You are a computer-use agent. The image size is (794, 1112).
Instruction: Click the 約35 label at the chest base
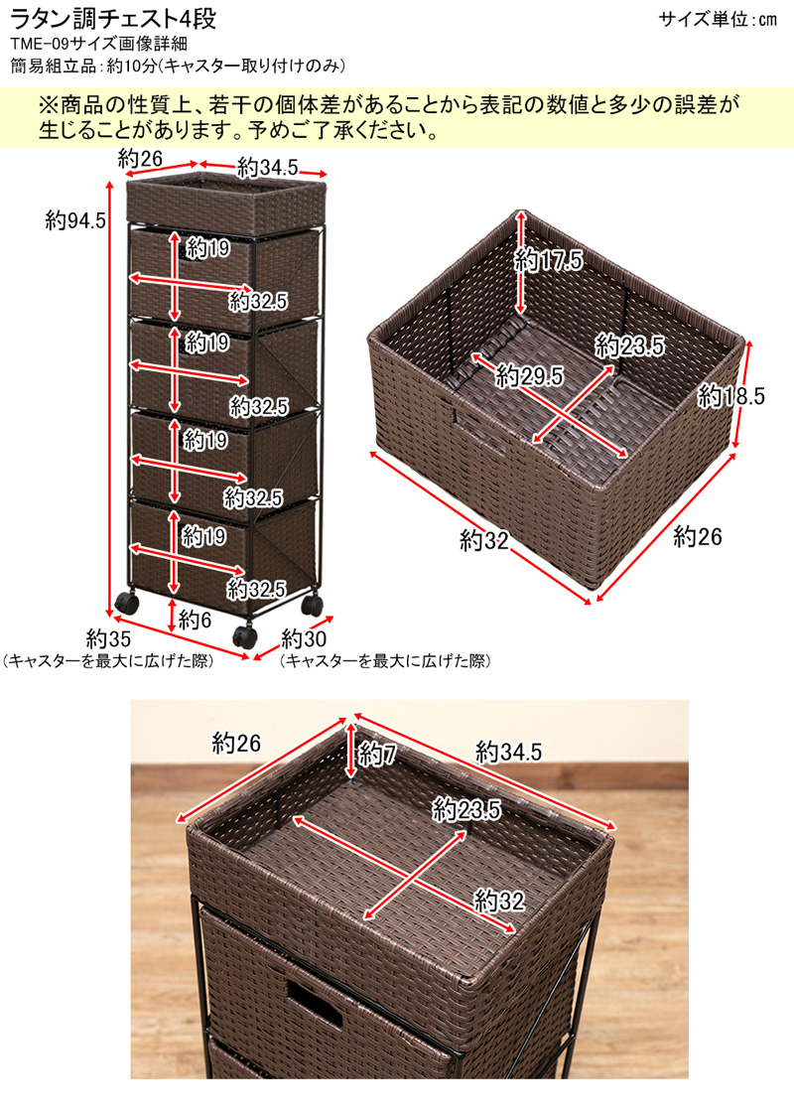click(108, 636)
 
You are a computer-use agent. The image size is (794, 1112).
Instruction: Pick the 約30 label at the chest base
click(304, 636)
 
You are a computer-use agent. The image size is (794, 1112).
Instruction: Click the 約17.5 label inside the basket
click(548, 260)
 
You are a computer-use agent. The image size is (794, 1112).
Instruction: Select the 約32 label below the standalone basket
click(484, 540)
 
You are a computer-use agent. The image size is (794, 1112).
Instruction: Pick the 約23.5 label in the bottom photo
click(466, 810)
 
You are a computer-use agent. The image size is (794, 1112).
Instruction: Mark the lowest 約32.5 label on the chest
click(256, 588)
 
